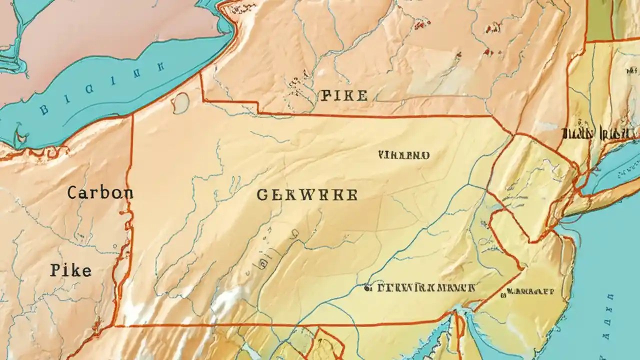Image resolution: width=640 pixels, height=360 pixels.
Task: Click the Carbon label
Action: click(100, 193)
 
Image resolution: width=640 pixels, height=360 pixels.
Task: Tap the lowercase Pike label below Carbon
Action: click(70, 270)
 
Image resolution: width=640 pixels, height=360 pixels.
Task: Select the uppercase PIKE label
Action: click(344, 96)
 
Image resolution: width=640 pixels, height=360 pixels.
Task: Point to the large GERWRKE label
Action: click(307, 195)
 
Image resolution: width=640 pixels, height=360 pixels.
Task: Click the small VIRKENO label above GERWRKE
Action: click(404, 155)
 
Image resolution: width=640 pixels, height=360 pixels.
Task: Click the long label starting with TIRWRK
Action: click(425, 288)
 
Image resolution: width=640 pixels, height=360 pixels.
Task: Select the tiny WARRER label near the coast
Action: click(530, 290)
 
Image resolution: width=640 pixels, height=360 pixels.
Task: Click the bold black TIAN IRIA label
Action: click(599, 133)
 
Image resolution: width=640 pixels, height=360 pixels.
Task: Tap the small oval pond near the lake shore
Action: click(181, 102)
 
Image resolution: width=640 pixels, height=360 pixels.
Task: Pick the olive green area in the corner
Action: click(599, 20)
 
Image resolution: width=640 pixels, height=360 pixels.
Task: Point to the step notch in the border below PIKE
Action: click(258, 107)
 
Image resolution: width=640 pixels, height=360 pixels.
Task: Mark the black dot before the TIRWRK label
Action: click(367, 288)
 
